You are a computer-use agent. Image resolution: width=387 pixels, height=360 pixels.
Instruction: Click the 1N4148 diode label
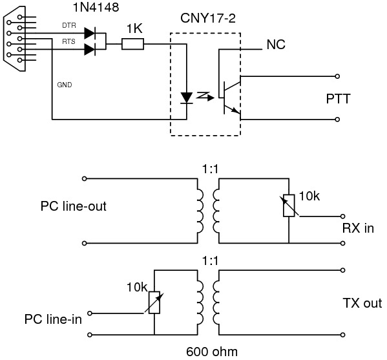pyautogui.click(x=96, y=7)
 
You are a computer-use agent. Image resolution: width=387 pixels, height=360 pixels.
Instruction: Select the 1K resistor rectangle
pyautogui.click(x=133, y=44)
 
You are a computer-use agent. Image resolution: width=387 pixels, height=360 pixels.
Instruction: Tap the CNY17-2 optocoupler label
pyautogui.click(x=208, y=18)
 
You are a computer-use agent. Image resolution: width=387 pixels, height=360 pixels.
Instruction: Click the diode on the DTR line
pyautogui.click(x=90, y=34)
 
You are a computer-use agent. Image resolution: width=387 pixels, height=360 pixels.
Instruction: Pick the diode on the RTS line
pyautogui.click(x=90, y=49)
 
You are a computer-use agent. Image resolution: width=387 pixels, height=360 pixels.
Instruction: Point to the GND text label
pyautogui.click(x=65, y=85)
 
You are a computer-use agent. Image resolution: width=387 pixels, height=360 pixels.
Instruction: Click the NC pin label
pyautogui.click(x=276, y=45)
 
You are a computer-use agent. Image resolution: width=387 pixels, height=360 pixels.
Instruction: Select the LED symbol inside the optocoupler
pyautogui.click(x=187, y=98)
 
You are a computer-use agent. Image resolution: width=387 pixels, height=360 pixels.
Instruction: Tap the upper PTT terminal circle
pyautogui.click(x=337, y=76)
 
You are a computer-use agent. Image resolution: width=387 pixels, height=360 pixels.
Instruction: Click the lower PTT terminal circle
pyautogui.click(x=337, y=120)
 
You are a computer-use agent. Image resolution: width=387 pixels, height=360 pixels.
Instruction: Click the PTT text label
pyautogui.click(x=338, y=99)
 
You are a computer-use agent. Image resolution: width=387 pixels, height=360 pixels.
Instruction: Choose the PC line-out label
pyautogui.click(x=73, y=206)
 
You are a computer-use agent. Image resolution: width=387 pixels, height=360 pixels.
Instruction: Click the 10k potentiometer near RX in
pyautogui.click(x=289, y=206)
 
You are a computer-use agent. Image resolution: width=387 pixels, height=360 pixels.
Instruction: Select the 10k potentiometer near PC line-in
pyautogui.click(x=154, y=302)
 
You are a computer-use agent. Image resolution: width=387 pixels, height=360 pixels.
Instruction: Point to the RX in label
pyautogui.click(x=358, y=228)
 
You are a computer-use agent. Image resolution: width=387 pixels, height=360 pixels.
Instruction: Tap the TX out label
pyautogui.click(x=362, y=303)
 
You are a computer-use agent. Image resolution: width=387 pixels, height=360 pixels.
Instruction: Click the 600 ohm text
pyautogui.click(x=212, y=352)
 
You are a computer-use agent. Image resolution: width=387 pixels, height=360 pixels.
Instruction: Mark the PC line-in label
pyautogui.click(x=53, y=319)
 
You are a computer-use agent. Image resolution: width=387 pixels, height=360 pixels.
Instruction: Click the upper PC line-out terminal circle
pyautogui.click(x=85, y=178)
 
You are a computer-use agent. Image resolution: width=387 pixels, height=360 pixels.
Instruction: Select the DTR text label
pyautogui.click(x=69, y=25)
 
